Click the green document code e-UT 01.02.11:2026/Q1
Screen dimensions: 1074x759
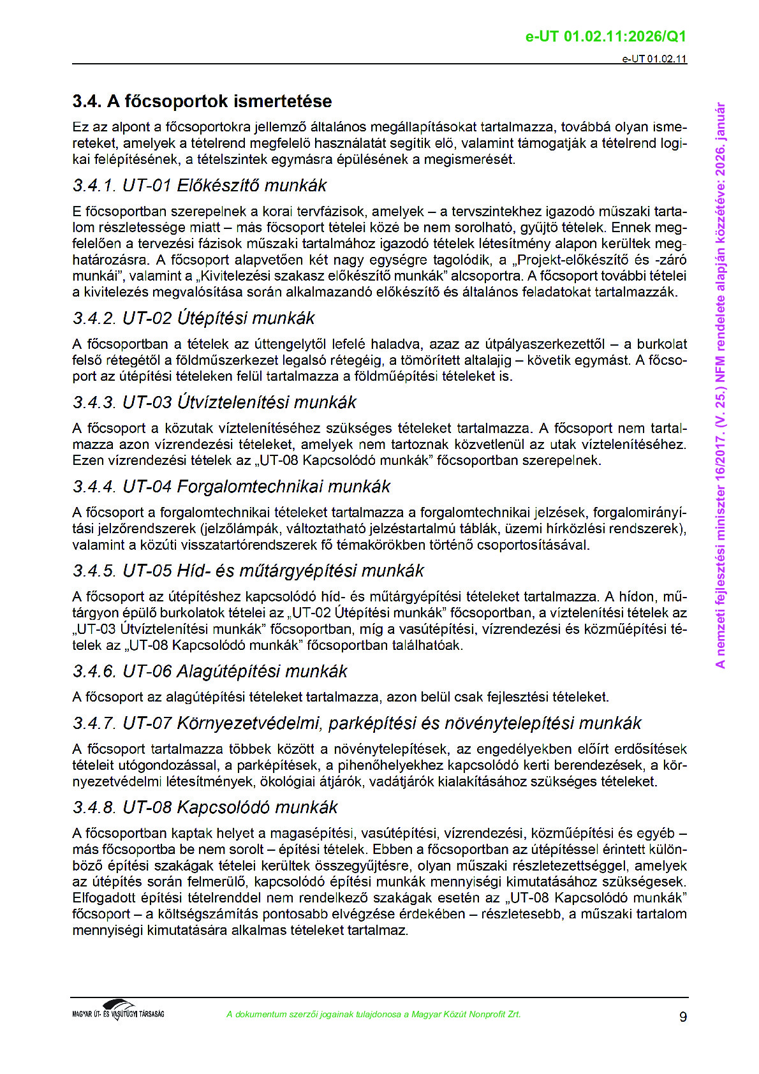pos(605,36)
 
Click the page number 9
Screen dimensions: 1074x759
pos(683,1017)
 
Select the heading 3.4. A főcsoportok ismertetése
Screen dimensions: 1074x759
pos(202,101)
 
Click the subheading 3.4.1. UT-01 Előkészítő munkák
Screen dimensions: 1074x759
pos(199,186)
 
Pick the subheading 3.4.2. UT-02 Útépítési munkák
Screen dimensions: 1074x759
pos(193,318)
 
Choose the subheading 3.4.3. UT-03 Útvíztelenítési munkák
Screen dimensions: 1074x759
pos(214,402)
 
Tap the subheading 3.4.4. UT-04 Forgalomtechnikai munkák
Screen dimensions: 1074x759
pos(231,487)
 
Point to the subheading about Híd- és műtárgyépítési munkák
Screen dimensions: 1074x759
pos(248,571)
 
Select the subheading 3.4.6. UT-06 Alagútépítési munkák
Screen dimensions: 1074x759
pos(210,672)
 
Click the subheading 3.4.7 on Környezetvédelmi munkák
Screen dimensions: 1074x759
pos(357,723)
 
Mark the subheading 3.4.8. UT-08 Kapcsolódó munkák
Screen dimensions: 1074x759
pos(205,807)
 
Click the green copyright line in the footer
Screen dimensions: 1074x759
pos(374,1014)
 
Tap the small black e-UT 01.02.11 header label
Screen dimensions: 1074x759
pos(654,59)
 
